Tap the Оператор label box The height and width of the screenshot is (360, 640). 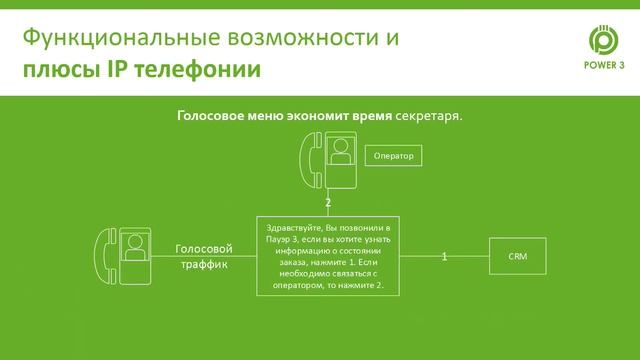point(393,156)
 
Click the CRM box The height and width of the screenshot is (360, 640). point(517,257)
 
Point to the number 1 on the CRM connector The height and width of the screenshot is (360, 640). point(444,257)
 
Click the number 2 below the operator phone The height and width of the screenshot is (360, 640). point(327,202)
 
